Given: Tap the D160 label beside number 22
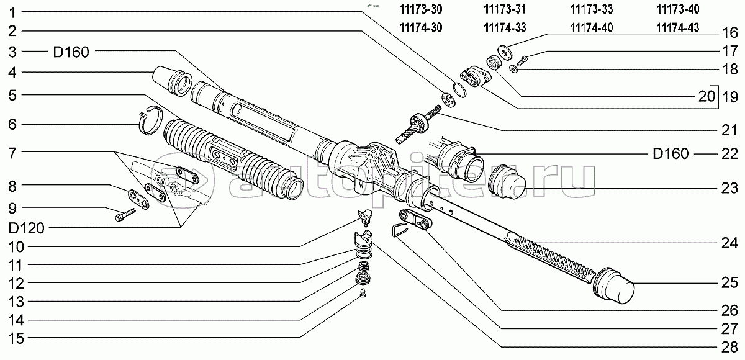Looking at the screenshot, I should point(670,153).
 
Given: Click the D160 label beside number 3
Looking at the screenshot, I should point(71,52).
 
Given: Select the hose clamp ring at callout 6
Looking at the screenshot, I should point(149,119).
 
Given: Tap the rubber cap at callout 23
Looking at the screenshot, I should point(508,185).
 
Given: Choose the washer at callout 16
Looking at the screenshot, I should point(505,50).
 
